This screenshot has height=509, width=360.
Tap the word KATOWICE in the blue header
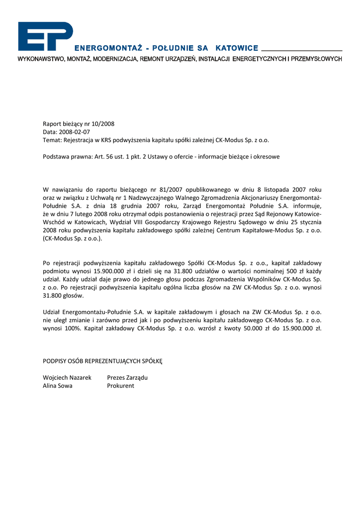(237, 48)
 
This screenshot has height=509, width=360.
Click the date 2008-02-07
(74, 132)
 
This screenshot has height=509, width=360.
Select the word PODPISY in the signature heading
(55, 360)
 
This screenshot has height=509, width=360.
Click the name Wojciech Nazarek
(67, 377)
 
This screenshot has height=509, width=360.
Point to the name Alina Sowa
(58, 386)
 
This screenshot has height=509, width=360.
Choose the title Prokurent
(121, 386)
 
